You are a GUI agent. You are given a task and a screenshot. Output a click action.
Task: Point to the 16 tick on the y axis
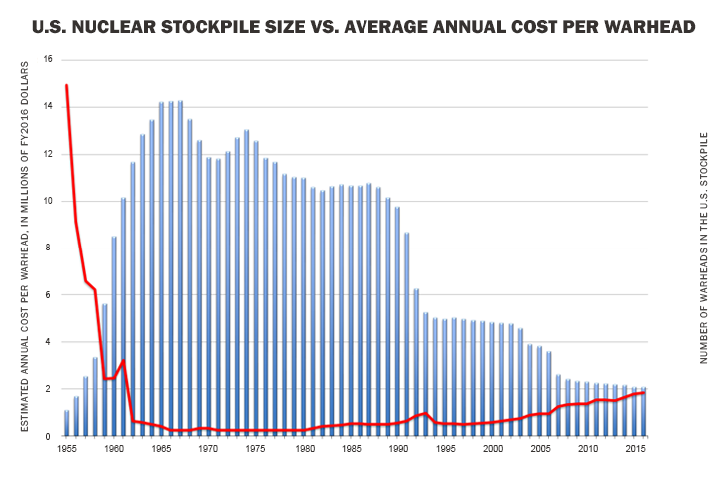48,60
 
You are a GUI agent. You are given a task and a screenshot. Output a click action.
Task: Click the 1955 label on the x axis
66,450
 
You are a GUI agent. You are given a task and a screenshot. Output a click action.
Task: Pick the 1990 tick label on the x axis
399,450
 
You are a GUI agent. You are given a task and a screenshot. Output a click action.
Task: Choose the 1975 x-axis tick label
257,450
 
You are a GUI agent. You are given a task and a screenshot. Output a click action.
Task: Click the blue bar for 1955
67,423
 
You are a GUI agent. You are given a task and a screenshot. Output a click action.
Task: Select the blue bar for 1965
162,269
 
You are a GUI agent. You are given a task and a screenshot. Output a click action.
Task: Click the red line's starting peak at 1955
66,85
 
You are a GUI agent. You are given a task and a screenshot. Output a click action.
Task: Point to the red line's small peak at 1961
123,360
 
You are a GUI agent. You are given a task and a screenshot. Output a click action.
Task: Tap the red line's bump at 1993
426,413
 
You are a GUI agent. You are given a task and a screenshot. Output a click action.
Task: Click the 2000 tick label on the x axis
494,450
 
